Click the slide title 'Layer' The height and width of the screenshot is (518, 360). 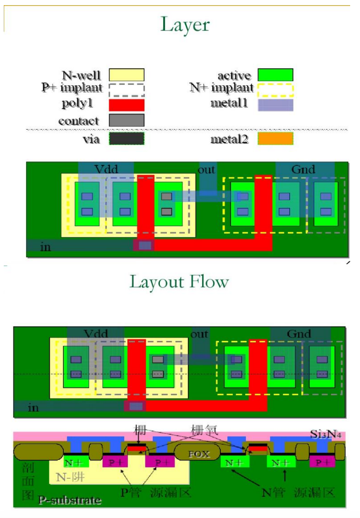[185, 24]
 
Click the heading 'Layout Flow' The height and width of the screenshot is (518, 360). [179, 281]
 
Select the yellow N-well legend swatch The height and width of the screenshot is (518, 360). [127, 75]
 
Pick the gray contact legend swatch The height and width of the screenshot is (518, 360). [127, 120]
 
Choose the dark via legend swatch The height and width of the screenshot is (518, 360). [127, 139]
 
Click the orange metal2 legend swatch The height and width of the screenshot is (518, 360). [276, 139]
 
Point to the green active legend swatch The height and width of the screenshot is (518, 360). [276, 75]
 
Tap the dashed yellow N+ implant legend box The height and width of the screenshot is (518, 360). [276, 89]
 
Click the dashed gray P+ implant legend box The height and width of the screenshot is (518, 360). [127, 89]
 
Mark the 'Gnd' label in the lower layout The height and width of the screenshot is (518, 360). [299, 334]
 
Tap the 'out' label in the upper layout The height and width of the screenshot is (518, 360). [206, 170]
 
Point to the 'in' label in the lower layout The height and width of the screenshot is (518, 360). [33, 407]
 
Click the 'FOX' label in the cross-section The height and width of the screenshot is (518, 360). [197, 454]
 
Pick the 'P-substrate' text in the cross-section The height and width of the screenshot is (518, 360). [69, 500]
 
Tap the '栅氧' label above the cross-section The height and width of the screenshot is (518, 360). [205, 429]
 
